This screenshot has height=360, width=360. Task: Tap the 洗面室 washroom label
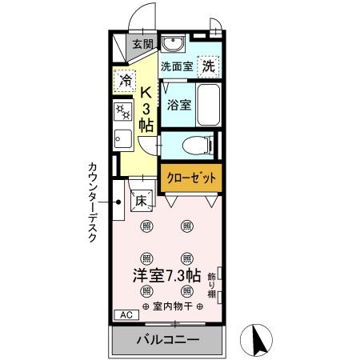click(176, 66)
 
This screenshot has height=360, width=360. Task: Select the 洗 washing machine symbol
click(208, 66)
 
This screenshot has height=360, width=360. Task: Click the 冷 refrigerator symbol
click(125, 79)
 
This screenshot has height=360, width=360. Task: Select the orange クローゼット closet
click(189, 178)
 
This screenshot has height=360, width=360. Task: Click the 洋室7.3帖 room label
click(165, 275)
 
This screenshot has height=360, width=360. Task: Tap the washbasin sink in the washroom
click(172, 43)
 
